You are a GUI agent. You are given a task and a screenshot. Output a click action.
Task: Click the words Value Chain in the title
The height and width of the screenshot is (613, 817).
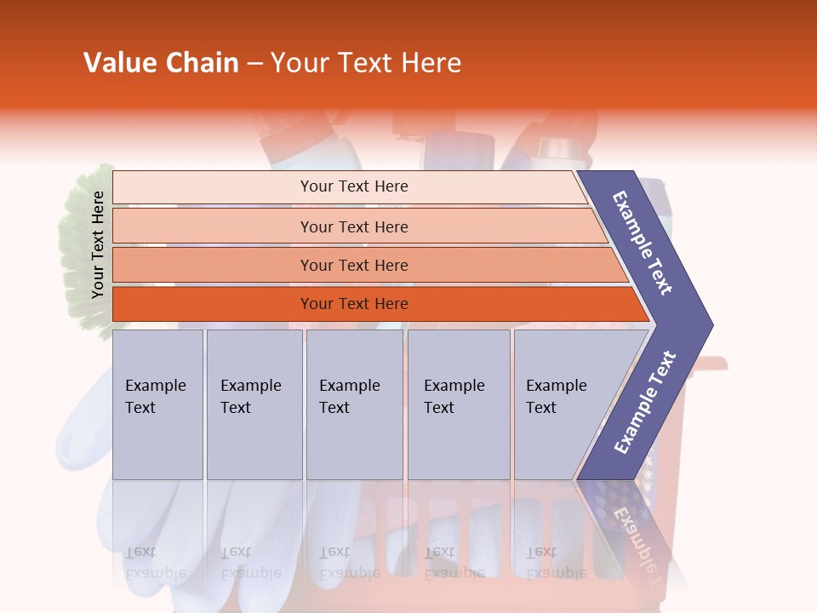click(161, 63)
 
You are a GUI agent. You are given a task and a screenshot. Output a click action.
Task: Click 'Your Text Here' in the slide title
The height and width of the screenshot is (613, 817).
click(366, 63)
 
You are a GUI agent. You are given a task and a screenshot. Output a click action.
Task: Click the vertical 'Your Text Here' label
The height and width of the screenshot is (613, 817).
click(98, 244)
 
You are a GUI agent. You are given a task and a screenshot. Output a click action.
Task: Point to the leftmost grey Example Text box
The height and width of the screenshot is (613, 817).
click(157, 404)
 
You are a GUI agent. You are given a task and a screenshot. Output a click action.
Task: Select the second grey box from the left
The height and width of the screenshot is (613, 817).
click(254, 404)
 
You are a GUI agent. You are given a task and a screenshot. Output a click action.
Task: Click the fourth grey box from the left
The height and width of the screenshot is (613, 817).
click(458, 404)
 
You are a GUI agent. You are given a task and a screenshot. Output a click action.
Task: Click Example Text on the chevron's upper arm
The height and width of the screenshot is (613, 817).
click(643, 242)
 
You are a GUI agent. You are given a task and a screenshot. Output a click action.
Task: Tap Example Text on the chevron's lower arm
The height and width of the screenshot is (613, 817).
click(645, 402)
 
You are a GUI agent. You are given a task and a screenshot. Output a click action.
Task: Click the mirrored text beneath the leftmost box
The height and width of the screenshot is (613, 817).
click(155, 562)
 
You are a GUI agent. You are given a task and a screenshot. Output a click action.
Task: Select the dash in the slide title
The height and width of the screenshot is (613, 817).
click(254, 64)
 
